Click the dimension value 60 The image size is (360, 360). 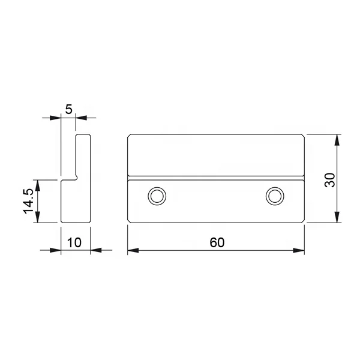[x=217, y=242]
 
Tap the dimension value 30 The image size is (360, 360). [x=330, y=180]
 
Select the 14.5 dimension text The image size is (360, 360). [x=28, y=201]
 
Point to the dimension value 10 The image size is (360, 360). [x=74, y=242]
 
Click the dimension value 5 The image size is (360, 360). [x=68, y=109]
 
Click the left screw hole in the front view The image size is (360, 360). [x=157, y=196]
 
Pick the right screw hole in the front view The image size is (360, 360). [x=275, y=196]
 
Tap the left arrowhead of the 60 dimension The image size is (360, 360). [x=133, y=250]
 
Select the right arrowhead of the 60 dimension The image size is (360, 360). [x=299, y=250]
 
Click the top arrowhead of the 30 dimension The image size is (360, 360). [x=337, y=140]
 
